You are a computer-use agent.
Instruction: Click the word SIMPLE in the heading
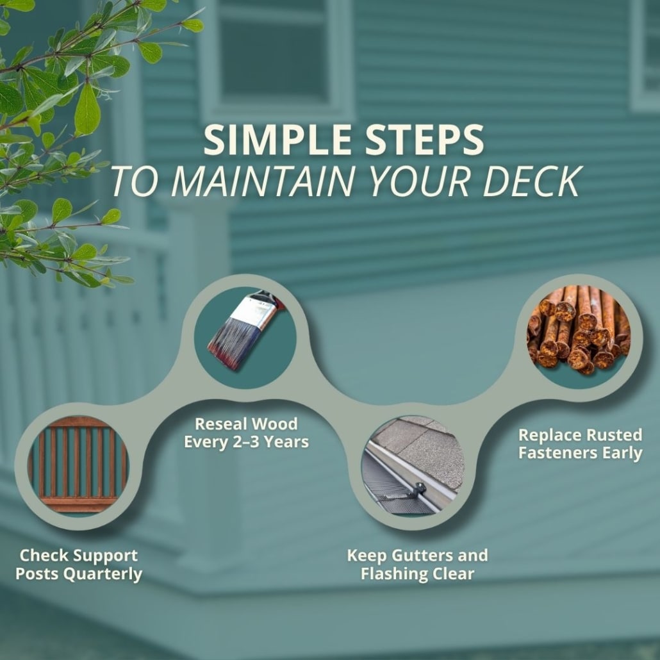277,140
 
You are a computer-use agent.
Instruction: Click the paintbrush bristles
231,341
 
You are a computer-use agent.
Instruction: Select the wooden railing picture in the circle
78,466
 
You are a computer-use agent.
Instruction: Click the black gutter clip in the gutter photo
418,490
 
